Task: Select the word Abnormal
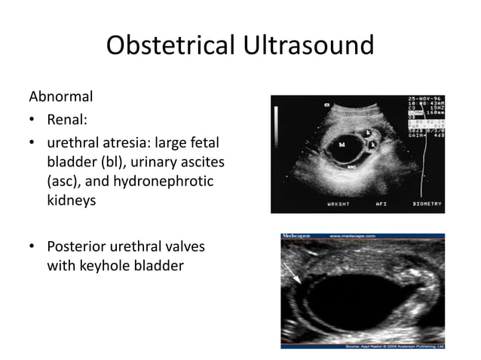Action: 61,96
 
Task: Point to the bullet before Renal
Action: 32,120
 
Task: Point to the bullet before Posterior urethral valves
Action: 32,247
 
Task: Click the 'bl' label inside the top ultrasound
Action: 342,144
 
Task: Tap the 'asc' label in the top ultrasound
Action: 351,167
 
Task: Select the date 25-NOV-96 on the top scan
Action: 424,99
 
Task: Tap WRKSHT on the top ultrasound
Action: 339,203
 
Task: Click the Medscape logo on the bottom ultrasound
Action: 296,236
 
